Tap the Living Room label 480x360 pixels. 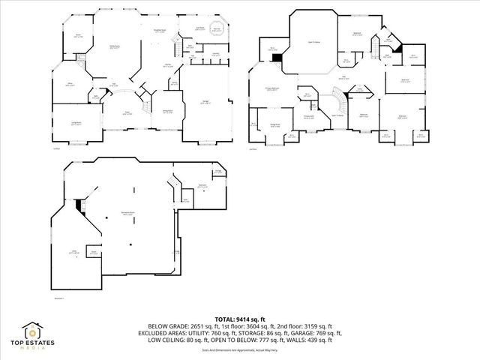tap(76, 124)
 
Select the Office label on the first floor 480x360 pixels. tap(69, 85)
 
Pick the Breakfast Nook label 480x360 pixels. tap(160, 31)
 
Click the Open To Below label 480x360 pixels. tap(315, 43)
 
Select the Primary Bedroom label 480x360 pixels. tap(277, 90)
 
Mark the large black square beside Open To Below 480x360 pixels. tap(277, 58)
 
